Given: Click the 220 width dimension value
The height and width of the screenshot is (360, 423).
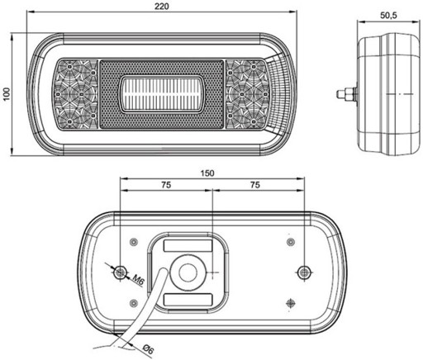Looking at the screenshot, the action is click(x=161, y=7).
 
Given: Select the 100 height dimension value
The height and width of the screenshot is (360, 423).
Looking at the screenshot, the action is click(x=6, y=94).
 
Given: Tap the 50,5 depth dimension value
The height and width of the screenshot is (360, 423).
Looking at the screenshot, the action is click(x=388, y=16).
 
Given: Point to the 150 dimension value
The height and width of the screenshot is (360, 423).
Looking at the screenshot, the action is click(x=207, y=173).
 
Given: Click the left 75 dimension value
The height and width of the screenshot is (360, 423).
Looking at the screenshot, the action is click(x=166, y=185).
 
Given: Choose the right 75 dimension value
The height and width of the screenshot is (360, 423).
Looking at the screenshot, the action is click(x=255, y=185).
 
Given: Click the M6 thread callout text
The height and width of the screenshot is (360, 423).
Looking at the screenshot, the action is click(x=139, y=280).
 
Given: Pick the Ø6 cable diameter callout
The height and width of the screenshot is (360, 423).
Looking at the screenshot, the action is click(x=148, y=350).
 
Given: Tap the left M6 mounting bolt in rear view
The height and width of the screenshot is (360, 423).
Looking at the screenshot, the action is click(x=120, y=272).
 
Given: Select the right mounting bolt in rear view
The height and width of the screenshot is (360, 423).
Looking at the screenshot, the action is click(x=303, y=272).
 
